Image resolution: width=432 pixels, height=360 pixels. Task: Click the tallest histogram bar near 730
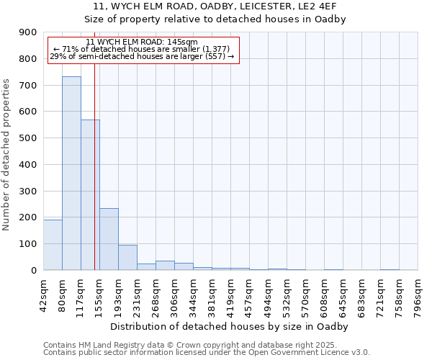tap(71, 173)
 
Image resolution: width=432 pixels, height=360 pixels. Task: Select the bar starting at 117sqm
tap(90, 194)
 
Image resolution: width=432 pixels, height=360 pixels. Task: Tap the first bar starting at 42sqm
tap(53, 245)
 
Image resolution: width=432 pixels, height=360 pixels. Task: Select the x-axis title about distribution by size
tap(230, 326)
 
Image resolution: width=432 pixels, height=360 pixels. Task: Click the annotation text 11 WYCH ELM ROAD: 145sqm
tap(141, 42)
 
